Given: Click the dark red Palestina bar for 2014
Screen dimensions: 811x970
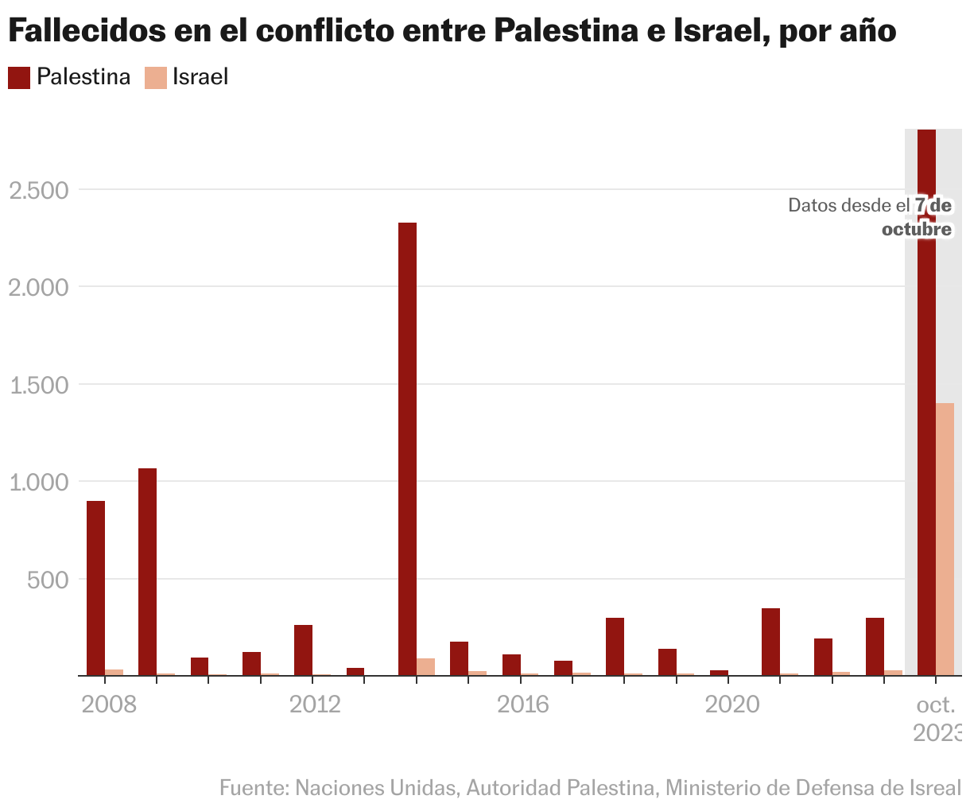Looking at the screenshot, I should (x=407, y=449).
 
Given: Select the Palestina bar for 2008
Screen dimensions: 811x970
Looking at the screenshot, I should (x=95, y=588).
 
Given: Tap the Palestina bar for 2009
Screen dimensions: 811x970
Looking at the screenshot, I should (x=147, y=572).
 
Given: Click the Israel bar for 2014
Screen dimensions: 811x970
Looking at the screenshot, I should (x=425, y=667).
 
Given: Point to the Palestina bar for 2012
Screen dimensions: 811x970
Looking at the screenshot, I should (x=303, y=650).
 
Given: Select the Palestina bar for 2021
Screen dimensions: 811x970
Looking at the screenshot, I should (x=770, y=642).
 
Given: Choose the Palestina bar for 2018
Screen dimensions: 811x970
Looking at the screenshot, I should (x=615, y=646).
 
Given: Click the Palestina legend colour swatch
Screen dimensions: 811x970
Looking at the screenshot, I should (x=19, y=77).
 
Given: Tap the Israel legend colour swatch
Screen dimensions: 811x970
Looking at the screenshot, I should (x=155, y=77).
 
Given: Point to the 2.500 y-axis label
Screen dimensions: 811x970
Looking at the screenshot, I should (x=38, y=190).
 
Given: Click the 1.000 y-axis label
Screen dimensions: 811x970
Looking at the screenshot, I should (x=38, y=482).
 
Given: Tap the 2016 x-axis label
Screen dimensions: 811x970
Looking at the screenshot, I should (x=522, y=704).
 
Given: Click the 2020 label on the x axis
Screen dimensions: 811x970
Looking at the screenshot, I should (x=731, y=704).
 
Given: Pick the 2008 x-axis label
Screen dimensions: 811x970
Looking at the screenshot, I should (x=108, y=704).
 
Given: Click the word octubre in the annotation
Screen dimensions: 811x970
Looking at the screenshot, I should (x=917, y=229).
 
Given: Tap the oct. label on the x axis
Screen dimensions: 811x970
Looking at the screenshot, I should (x=935, y=704).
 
